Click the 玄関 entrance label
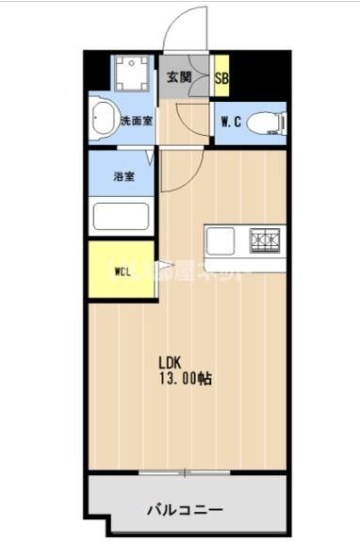[179, 78]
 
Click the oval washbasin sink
[102, 121]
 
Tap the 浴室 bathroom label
[124, 175]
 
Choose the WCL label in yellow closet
[123, 271]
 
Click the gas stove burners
[266, 240]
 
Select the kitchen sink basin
[221, 241]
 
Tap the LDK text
[169, 361]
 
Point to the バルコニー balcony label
[185, 509]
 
